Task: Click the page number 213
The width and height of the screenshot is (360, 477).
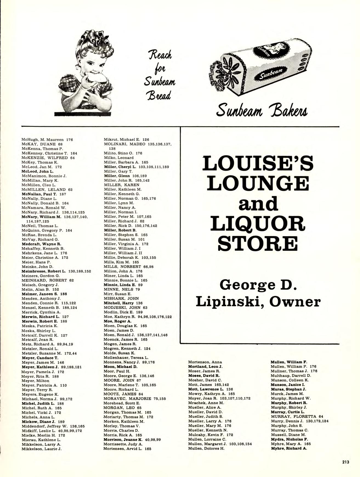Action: pyautogui.click(x=345, y=462)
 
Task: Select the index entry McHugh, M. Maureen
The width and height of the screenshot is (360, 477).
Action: pyautogui.click(x=47, y=140)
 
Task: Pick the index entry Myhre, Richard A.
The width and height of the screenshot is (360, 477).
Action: pyautogui.click(x=289, y=448)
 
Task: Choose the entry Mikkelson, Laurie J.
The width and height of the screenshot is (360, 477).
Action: pyautogui.click(x=42, y=449)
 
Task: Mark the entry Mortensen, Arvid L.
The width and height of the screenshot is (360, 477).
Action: pyautogui.click(x=127, y=449)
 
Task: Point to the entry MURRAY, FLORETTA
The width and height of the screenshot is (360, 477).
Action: pyautogui.click(x=297, y=416)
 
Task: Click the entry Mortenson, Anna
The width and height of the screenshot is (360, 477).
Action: pyautogui.click(x=205, y=362)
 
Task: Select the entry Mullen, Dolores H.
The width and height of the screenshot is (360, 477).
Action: pyautogui.click(x=206, y=448)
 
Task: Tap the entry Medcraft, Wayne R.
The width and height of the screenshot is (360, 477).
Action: pyautogui.click(x=41, y=244)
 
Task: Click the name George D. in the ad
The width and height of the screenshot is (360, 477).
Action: pyautogui.click(x=259, y=285)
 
